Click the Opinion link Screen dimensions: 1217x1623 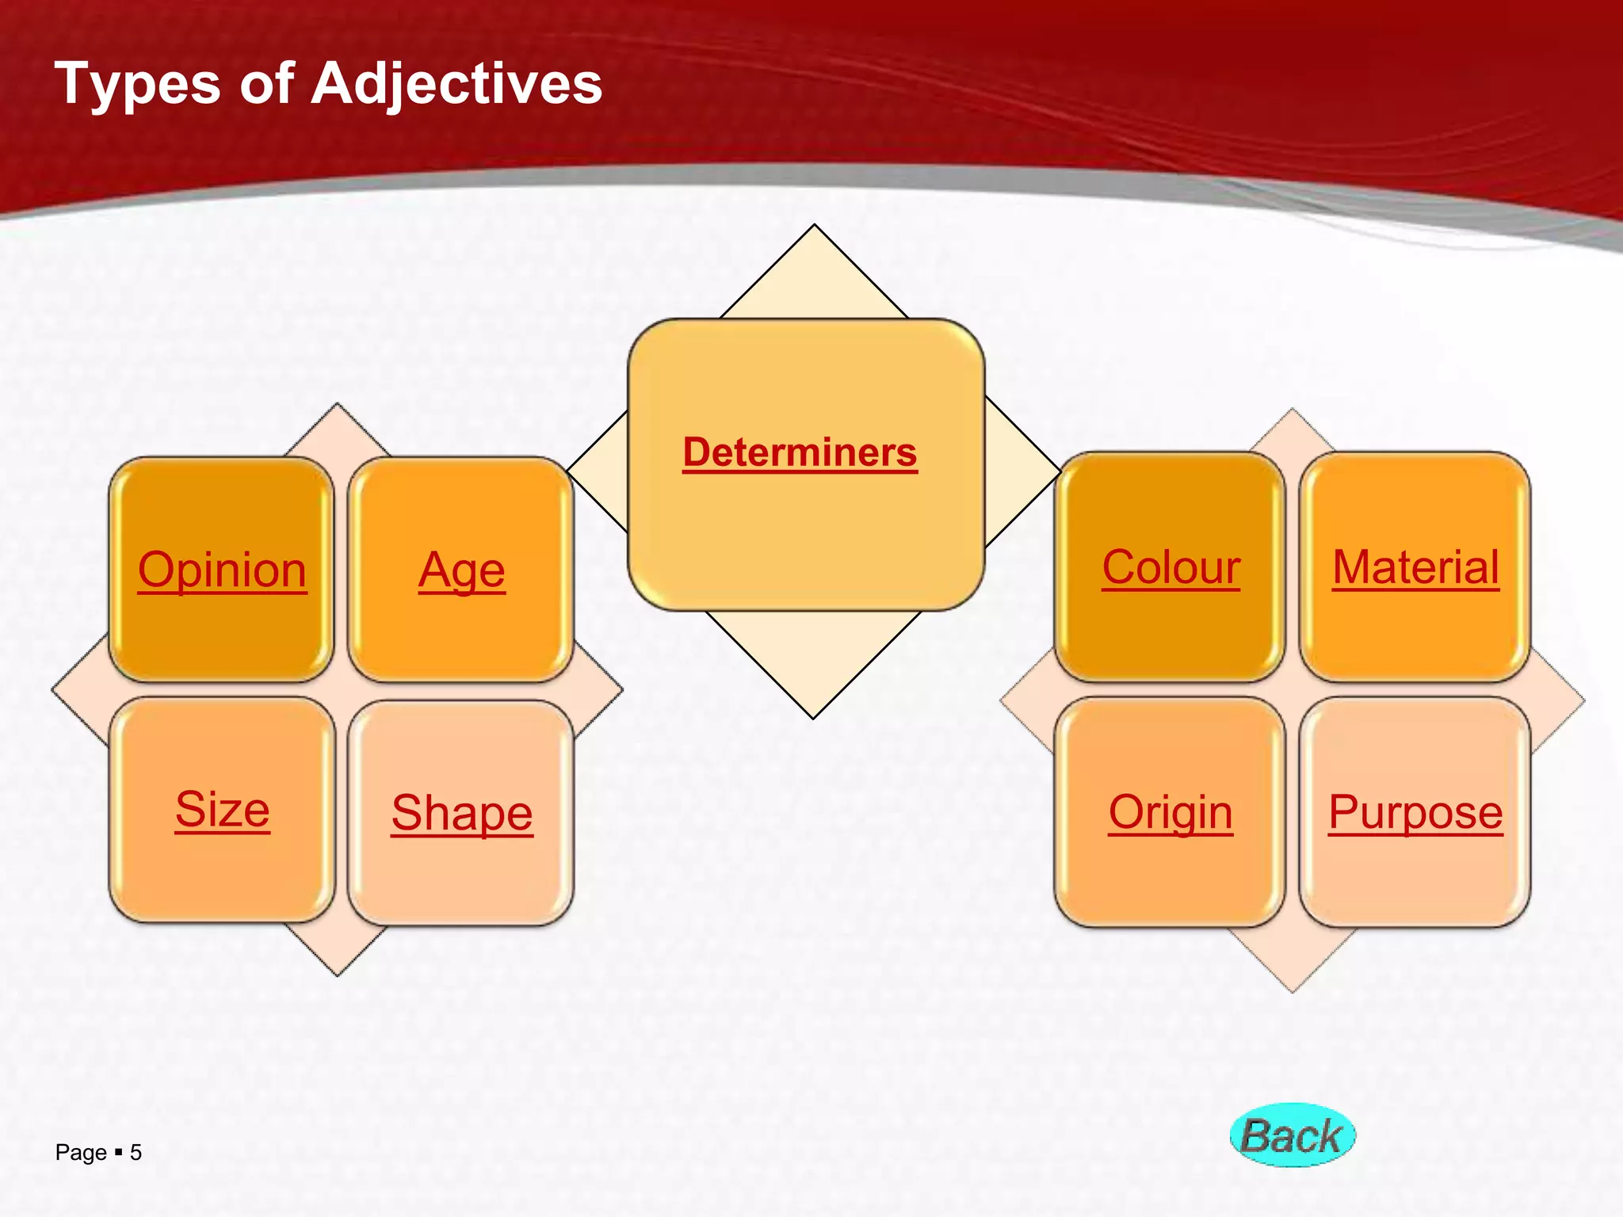(222, 570)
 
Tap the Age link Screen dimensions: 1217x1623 (461, 570)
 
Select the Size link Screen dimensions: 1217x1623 (222, 810)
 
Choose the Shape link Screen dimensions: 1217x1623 (461, 813)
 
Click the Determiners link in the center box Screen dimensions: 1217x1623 (800, 452)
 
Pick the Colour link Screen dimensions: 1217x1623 (1170, 567)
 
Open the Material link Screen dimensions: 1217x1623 (1415, 567)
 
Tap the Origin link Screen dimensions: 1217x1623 (1170, 812)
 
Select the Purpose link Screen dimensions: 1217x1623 (1415, 812)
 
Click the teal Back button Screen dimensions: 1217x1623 (1293, 1135)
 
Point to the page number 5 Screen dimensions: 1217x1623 (136, 1152)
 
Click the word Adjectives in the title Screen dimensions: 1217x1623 (456, 84)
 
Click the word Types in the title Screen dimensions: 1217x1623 (137, 84)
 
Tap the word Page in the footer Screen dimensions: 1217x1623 (81, 1152)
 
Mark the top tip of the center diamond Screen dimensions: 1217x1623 (814, 227)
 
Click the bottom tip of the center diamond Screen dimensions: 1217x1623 (814, 717)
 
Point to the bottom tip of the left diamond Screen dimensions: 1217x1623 (338, 974)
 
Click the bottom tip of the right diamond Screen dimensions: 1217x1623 (1293, 990)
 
